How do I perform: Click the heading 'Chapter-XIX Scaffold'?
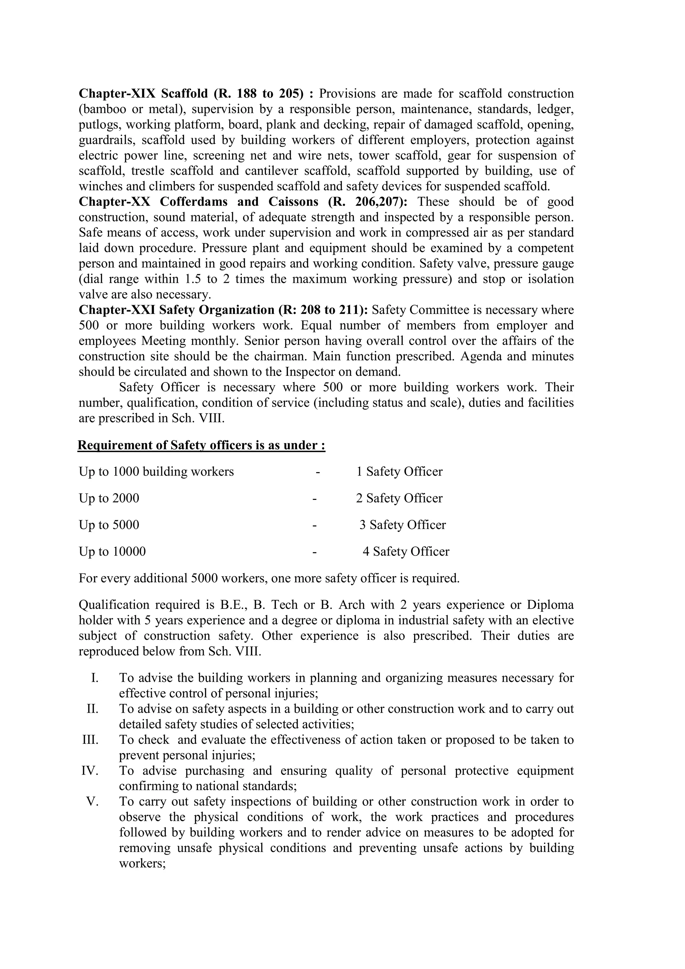point(143,93)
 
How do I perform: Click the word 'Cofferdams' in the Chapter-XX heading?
point(194,202)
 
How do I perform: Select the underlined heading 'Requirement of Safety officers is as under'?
point(201,445)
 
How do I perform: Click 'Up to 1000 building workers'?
point(156,471)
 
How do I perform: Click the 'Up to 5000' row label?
point(109,525)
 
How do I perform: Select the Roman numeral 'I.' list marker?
point(94,678)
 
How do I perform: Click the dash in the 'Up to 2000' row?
point(315,499)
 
